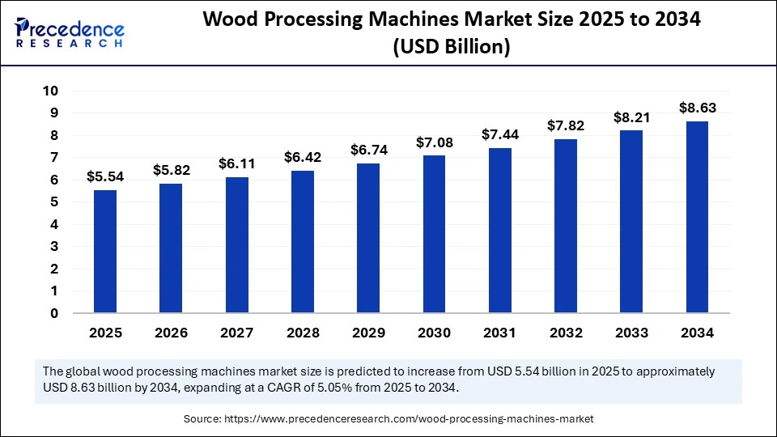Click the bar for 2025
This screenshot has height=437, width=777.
click(x=105, y=251)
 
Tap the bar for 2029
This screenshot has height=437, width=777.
click(x=368, y=238)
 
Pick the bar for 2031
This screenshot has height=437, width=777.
click(x=500, y=230)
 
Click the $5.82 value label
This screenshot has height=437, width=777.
click(x=171, y=170)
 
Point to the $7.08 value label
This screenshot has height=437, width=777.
click(x=434, y=142)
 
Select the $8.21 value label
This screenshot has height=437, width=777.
click(x=631, y=117)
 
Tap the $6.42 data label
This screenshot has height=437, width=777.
click(x=302, y=157)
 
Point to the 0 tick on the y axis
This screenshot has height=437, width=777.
click(x=54, y=313)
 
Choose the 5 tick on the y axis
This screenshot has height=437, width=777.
click(x=54, y=202)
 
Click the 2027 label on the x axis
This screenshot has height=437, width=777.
click(x=236, y=333)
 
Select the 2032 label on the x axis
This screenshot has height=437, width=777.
click(x=566, y=333)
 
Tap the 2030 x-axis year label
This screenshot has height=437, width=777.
click(x=434, y=333)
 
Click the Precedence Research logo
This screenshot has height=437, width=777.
click(x=69, y=32)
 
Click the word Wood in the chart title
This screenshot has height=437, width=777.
click(x=229, y=21)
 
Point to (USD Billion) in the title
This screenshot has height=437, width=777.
click(x=451, y=48)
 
